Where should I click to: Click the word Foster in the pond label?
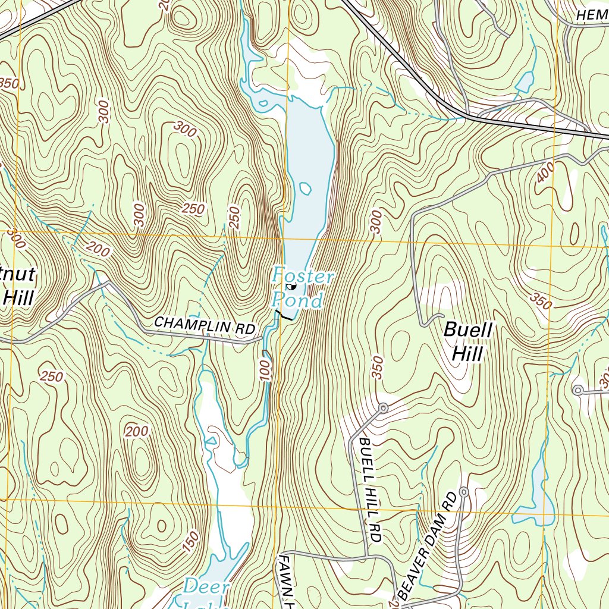tap(303, 277)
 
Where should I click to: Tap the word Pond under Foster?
tap(299, 300)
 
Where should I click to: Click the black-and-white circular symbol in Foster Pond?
tap(291, 287)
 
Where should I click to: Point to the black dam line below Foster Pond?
tap(283, 316)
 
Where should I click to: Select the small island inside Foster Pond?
tap(305, 190)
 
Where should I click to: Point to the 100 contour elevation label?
tap(266, 369)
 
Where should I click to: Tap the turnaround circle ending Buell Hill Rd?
tap(384, 408)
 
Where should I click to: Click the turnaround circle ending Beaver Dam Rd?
tap(464, 492)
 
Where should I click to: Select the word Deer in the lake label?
tap(206, 587)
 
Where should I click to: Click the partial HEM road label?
tap(592, 14)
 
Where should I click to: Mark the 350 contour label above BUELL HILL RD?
tap(376, 368)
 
